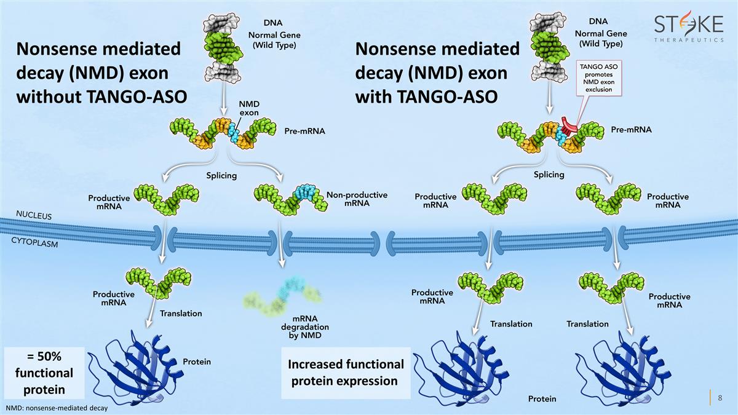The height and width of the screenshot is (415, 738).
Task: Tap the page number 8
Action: (x=720, y=398)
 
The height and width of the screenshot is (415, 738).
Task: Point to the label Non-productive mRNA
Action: (x=357, y=199)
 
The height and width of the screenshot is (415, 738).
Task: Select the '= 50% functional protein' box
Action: (x=44, y=373)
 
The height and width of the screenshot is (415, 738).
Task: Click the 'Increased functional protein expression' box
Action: (x=346, y=373)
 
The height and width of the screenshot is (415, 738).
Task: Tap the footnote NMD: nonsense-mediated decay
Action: (x=56, y=408)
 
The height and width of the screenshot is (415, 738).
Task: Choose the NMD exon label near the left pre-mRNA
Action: (x=249, y=108)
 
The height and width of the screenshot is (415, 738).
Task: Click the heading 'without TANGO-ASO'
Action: (x=99, y=97)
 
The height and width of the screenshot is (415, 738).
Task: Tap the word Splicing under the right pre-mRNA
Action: (x=549, y=175)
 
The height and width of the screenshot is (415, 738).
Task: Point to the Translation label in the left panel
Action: (x=181, y=314)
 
